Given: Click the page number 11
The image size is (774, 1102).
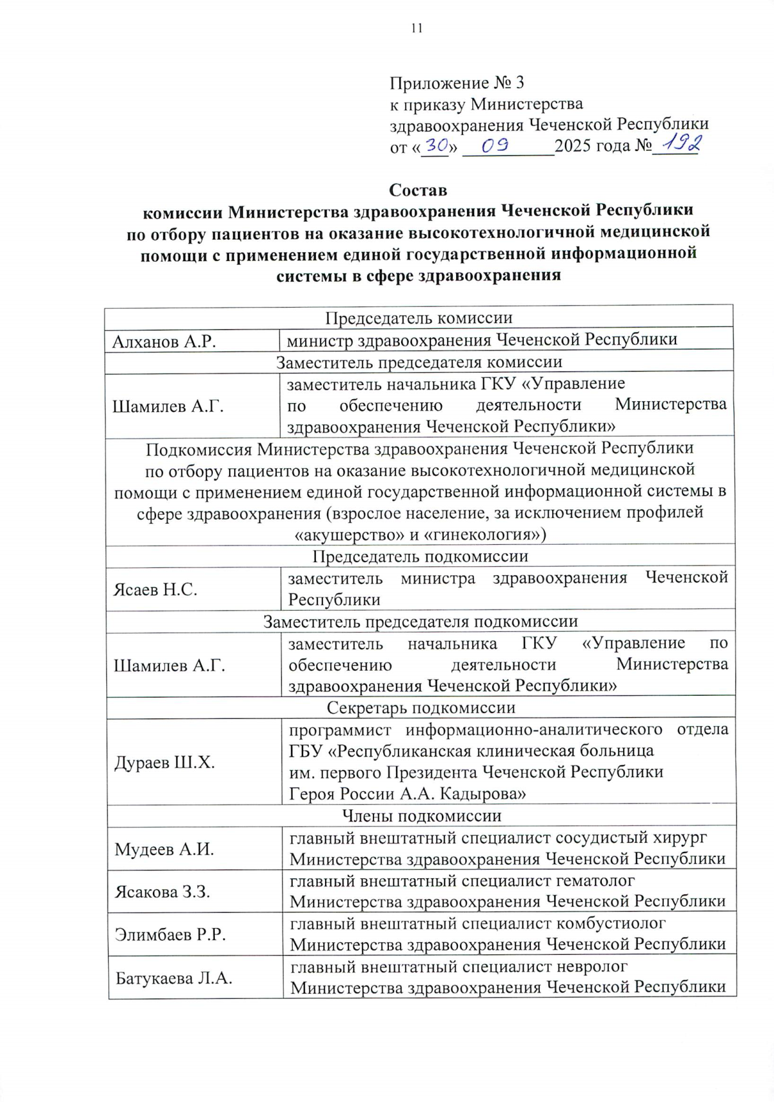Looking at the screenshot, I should click(x=416, y=28).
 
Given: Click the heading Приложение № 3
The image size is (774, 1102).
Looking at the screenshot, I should click(x=457, y=83).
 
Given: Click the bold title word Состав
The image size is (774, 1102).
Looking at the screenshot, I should click(x=417, y=190).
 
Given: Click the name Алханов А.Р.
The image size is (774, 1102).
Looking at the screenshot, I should click(x=164, y=341).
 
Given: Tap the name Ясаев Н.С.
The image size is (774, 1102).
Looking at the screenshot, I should click(x=155, y=589).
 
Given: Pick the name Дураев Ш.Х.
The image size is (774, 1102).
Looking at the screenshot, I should click(x=164, y=763).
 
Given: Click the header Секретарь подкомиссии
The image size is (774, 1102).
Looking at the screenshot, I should click(x=421, y=707).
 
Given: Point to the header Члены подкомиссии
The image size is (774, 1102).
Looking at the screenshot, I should click(x=421, y=816).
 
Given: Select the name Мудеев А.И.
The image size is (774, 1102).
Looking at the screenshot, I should click(x=164, y=849).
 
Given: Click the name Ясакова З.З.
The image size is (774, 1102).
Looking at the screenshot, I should click(x=163, y=892).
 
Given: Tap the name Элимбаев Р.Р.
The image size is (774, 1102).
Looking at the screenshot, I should click(x=170, y=934).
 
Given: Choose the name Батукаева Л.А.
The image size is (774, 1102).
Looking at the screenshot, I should click(x=174, y=978).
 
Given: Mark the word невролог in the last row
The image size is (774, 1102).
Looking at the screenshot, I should click(x=591, y=967).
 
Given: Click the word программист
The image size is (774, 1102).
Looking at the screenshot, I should click(x=339, y=730).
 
